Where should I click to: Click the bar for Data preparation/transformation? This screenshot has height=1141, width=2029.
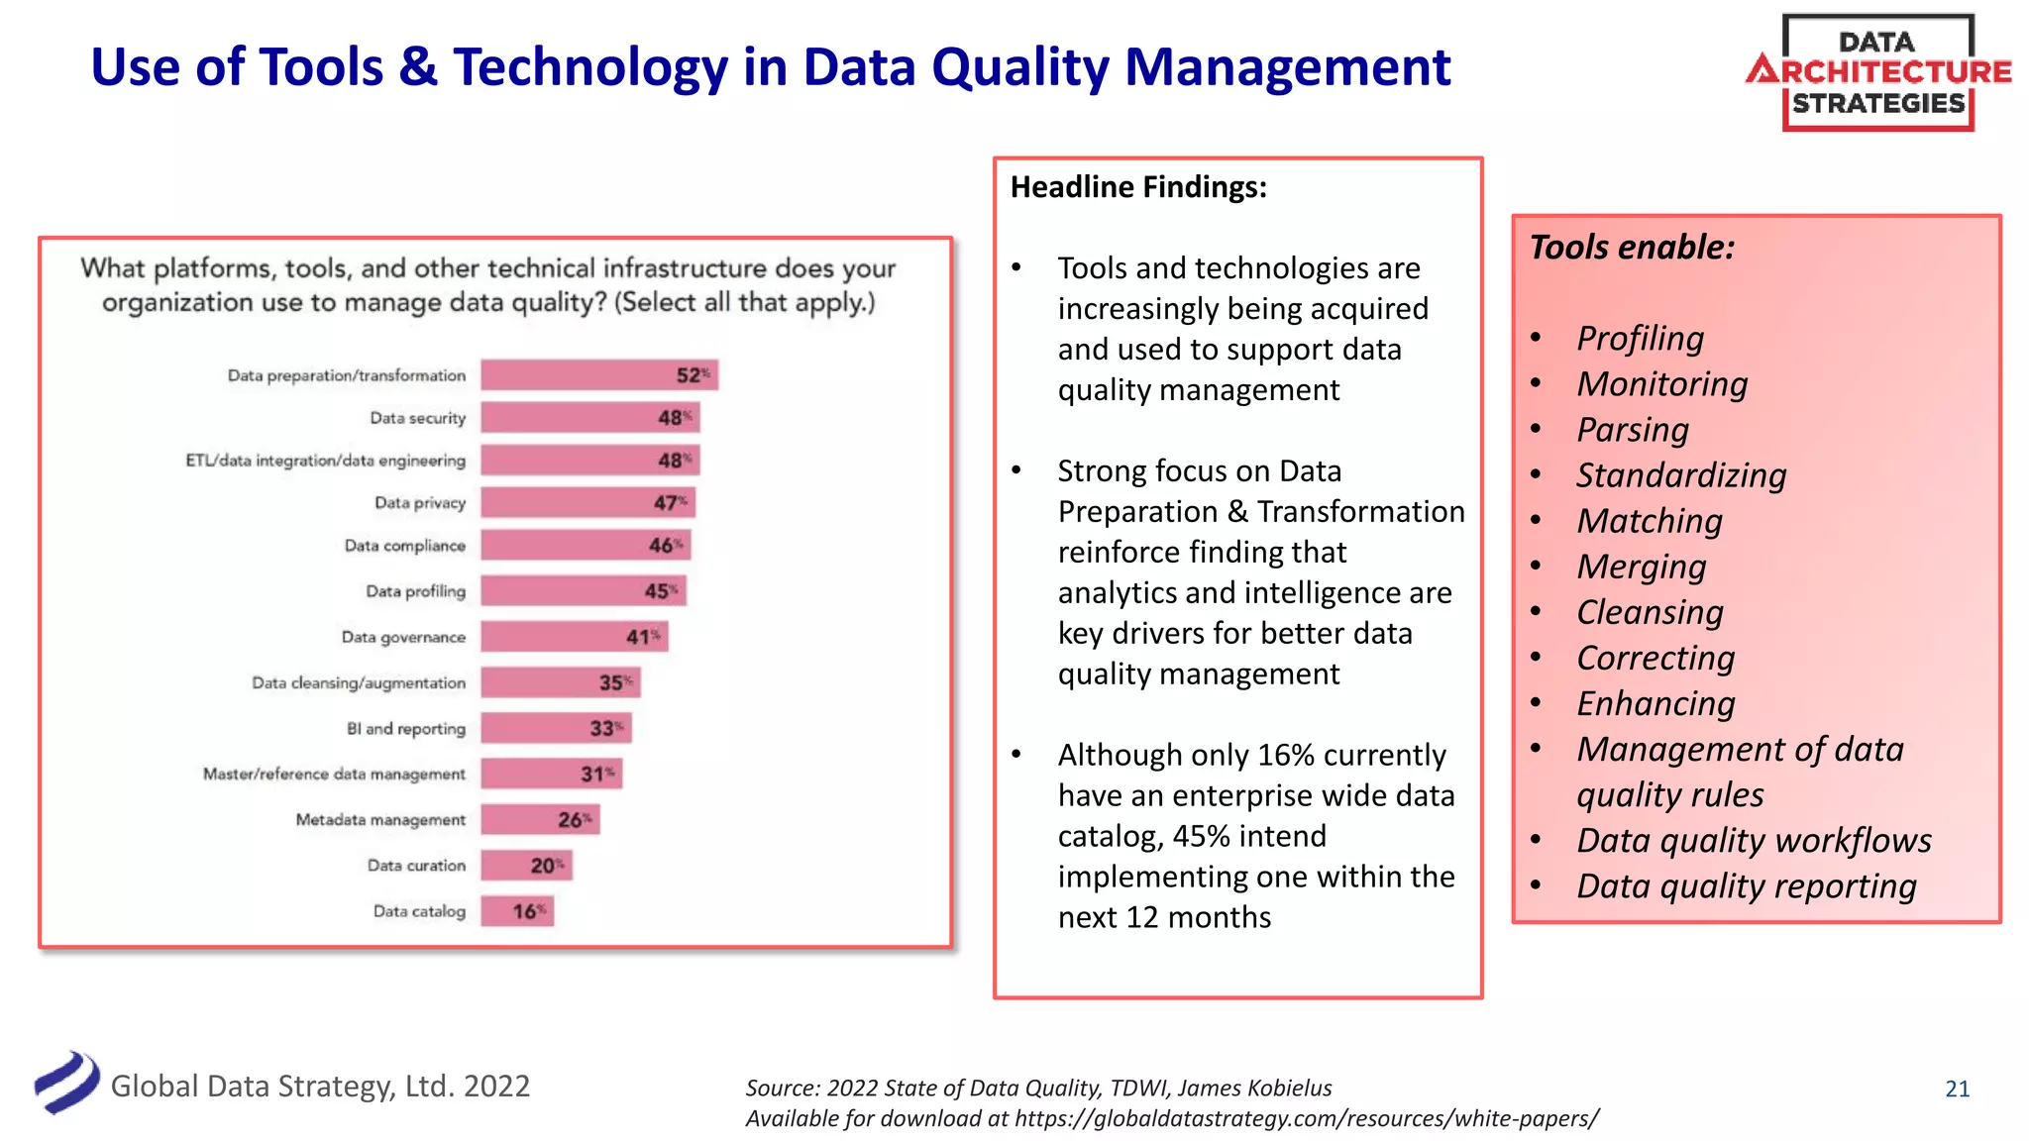click(598, 375)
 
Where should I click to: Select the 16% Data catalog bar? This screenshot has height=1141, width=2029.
click(516, 911)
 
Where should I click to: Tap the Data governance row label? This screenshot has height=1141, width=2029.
click(403, 637)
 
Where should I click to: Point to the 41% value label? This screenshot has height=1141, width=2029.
click(642, 637)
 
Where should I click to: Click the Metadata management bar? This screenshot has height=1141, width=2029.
click(540, 820)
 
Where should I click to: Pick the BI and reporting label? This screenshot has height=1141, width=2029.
click(405, 729)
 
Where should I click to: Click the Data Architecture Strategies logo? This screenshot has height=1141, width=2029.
click(1877, 72)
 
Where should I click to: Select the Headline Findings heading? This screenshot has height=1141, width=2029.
click(1138, 187)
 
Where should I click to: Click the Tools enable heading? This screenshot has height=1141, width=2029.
click(1632, 248)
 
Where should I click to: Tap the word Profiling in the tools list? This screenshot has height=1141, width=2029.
click(1640, 339)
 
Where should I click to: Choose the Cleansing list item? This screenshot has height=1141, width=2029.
click(1650, 612)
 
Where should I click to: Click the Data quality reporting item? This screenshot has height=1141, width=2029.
click(1746, 886)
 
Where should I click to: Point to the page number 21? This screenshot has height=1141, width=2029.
click(1957, 1089)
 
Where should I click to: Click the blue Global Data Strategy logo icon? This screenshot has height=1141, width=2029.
click(67, 1083)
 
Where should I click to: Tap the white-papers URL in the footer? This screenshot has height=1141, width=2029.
click(1306, 1119)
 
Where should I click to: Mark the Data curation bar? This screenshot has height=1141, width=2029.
click(526, 866)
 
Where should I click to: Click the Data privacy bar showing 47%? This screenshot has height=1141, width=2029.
click(587, 503)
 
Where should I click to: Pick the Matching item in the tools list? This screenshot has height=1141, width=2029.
click(1650, 521)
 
